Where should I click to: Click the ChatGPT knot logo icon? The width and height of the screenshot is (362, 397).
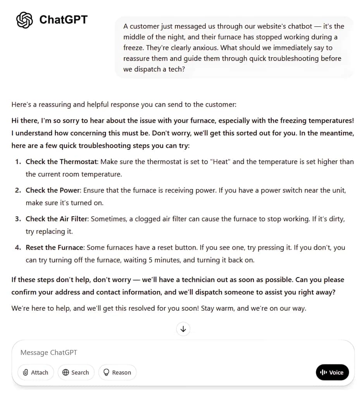(x=24, y=20)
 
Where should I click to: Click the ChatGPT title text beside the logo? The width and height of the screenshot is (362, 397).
(x=64, y=20)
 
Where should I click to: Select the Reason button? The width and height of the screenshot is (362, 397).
(x=117, y=373)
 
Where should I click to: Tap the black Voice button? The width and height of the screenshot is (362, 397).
(x=332, y=373)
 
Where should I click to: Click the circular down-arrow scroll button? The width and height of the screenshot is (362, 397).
(x=183, y=329)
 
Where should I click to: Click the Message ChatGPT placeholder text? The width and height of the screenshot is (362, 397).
(x=49, y=352)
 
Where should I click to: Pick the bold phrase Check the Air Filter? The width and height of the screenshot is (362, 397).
(x=57, y=219)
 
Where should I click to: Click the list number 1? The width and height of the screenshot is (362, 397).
(x=17, y=162)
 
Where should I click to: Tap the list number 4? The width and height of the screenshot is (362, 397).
(x=17, y=247)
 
